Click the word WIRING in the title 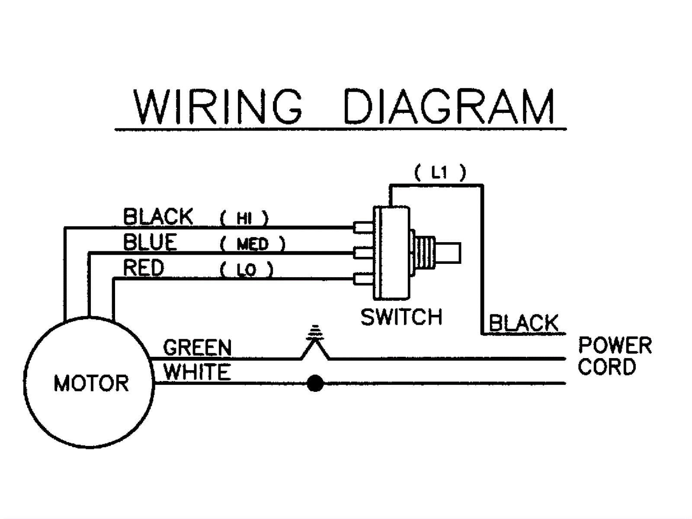coord(218,106)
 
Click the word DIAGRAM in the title coord(449,106)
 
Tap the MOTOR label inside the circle coord(91,383)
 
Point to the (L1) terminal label coord(440,173)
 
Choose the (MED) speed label coord(253,244)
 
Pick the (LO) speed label coord(246,270)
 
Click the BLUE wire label coord(150,242)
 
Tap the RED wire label coord(144,268)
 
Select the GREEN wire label coord(197,347)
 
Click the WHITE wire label coord(197,372)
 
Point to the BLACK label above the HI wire coord(158,217)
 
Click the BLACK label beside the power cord coord(524,323)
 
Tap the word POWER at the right coord(615,346)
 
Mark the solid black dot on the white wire coord(315,383)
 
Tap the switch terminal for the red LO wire coord(363,279)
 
